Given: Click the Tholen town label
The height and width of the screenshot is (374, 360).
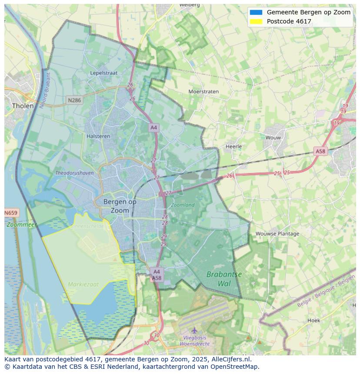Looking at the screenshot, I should click(23, 106).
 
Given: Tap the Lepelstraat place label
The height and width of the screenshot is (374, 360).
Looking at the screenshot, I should click(104, 73).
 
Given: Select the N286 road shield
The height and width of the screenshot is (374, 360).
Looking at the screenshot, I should click(74, 100).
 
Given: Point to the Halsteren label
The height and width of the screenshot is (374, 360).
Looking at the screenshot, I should click(98, 136).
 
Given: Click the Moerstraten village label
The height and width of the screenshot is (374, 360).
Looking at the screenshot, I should click(203, 92).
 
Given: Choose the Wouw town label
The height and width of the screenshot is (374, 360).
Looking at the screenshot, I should click(273, 138).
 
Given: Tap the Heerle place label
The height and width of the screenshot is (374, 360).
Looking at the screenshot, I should click(233, 146).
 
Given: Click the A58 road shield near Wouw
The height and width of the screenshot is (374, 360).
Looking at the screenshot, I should click(320, 151).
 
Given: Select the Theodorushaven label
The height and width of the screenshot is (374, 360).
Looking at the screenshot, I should click(74, 173).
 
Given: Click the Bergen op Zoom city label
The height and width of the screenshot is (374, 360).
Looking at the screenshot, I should click(120, 206).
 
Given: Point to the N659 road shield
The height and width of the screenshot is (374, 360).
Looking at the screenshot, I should click(11, 213).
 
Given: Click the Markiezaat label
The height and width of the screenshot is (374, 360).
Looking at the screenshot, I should click(83, 285).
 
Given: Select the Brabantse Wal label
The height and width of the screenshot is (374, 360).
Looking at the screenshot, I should click(224, 279).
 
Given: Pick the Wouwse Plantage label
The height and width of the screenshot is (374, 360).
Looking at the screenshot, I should click(277, 234).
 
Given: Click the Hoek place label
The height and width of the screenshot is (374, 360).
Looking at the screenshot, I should click(313, 321).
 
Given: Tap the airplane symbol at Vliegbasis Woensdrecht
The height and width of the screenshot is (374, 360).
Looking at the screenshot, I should click(194, 331).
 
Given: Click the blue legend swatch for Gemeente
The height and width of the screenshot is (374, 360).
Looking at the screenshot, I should click(256, 12).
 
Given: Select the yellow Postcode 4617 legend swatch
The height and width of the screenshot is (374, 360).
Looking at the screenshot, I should click(256, 21).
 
